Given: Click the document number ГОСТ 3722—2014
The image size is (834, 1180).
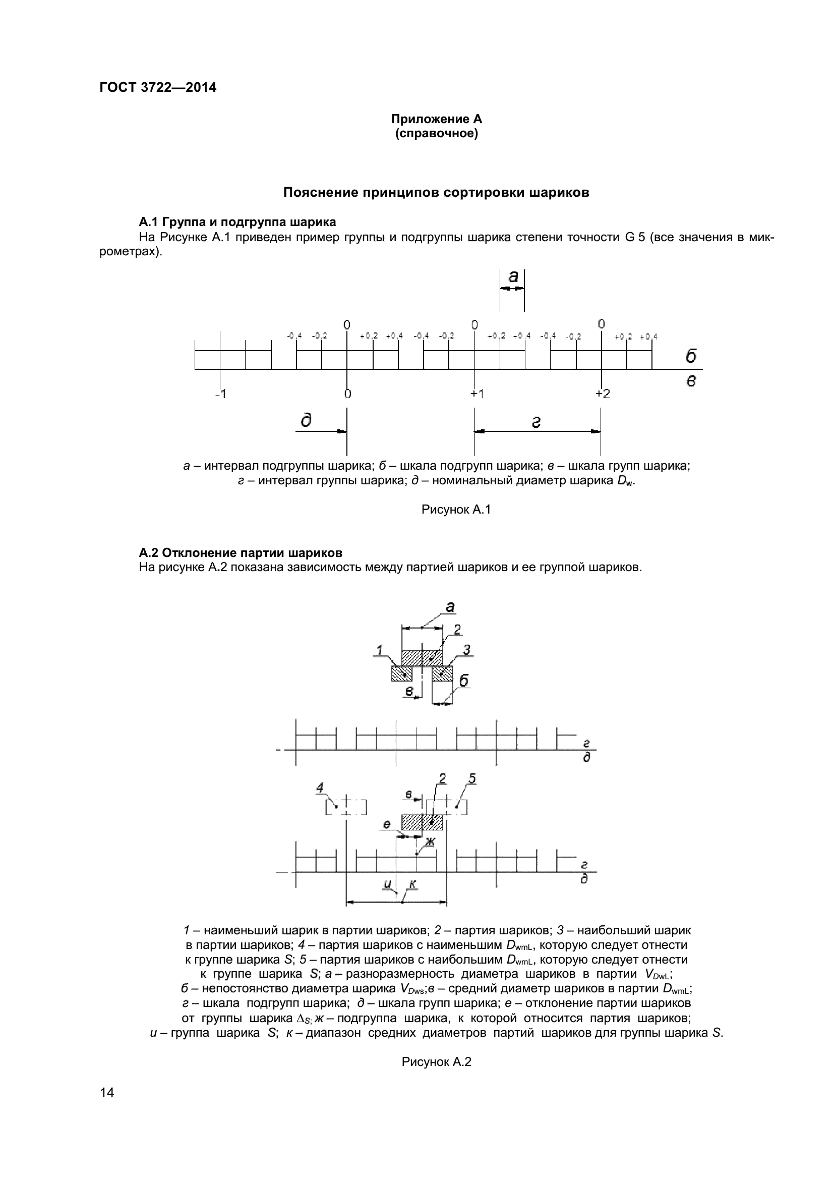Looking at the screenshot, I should (x=158, y=87).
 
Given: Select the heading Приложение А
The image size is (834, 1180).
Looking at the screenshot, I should (x=437, y=119).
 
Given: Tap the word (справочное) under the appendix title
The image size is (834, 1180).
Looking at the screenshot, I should (x=437, y=134).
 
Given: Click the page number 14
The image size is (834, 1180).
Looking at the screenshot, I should (x=107, y=1093).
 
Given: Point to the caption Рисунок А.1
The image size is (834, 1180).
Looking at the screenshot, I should (x=456, y=510).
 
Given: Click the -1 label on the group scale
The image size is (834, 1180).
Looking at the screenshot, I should (x=220, y=394).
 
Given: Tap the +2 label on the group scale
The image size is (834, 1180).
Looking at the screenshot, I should (x=603, y=394).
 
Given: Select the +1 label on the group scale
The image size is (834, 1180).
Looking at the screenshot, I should (x=476, y=394).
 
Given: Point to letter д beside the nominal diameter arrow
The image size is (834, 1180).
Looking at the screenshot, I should (x=307, y=421).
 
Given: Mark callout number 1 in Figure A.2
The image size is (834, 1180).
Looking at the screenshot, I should (x=380, y=651).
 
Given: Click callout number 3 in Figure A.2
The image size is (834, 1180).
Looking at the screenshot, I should (x=466, y=650).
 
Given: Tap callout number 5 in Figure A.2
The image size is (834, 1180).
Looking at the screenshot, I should (x=472, y=779).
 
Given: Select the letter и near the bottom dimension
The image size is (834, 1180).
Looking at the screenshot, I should (x=388, y=884).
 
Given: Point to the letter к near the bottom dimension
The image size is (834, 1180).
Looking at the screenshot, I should (x=412, y=884).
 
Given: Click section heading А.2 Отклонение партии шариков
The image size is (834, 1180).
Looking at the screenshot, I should (x=241, y=553).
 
